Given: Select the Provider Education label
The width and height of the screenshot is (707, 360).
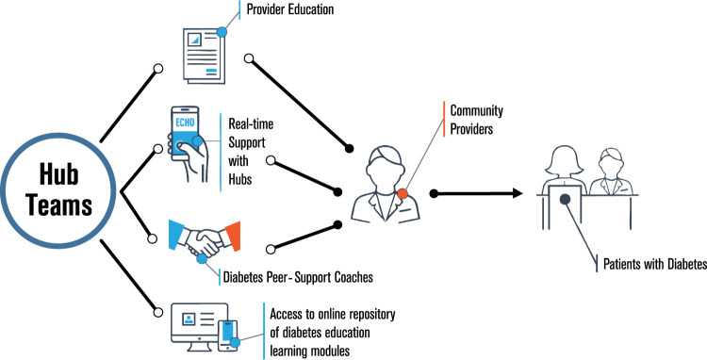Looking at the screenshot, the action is pyautogui.click(x=290, y=9).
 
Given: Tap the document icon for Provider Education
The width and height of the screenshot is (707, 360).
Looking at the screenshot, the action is pyautogui.click(x=204, y=56).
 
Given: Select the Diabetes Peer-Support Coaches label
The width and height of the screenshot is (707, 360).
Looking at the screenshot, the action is pyautogui.click(x=298, y=277).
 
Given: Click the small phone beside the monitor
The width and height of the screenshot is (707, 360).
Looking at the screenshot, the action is pyautogui.click(x=228, y=335).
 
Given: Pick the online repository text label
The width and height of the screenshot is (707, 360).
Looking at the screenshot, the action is pyautogui.click(x=333, y=332).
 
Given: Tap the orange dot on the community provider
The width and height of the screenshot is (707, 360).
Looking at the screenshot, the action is pyautogui.click(x=403, y=194).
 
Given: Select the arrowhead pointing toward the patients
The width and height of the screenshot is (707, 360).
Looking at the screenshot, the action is pyautogui.click(x=517, y=194).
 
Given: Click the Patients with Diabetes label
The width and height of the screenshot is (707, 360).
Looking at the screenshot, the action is pyautogui.click(x=655, y=264).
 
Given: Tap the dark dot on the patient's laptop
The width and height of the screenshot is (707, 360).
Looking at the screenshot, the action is pyautogui.click(x=565, y=199).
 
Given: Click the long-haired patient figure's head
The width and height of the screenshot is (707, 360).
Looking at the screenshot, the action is pyautogui.click(x=564, y=161).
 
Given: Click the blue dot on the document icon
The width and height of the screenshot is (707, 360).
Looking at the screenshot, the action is pyautogui.click(x=222, y=32).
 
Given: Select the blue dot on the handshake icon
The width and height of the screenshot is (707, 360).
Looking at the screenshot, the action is pyautogui.click(x=202, y=258).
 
